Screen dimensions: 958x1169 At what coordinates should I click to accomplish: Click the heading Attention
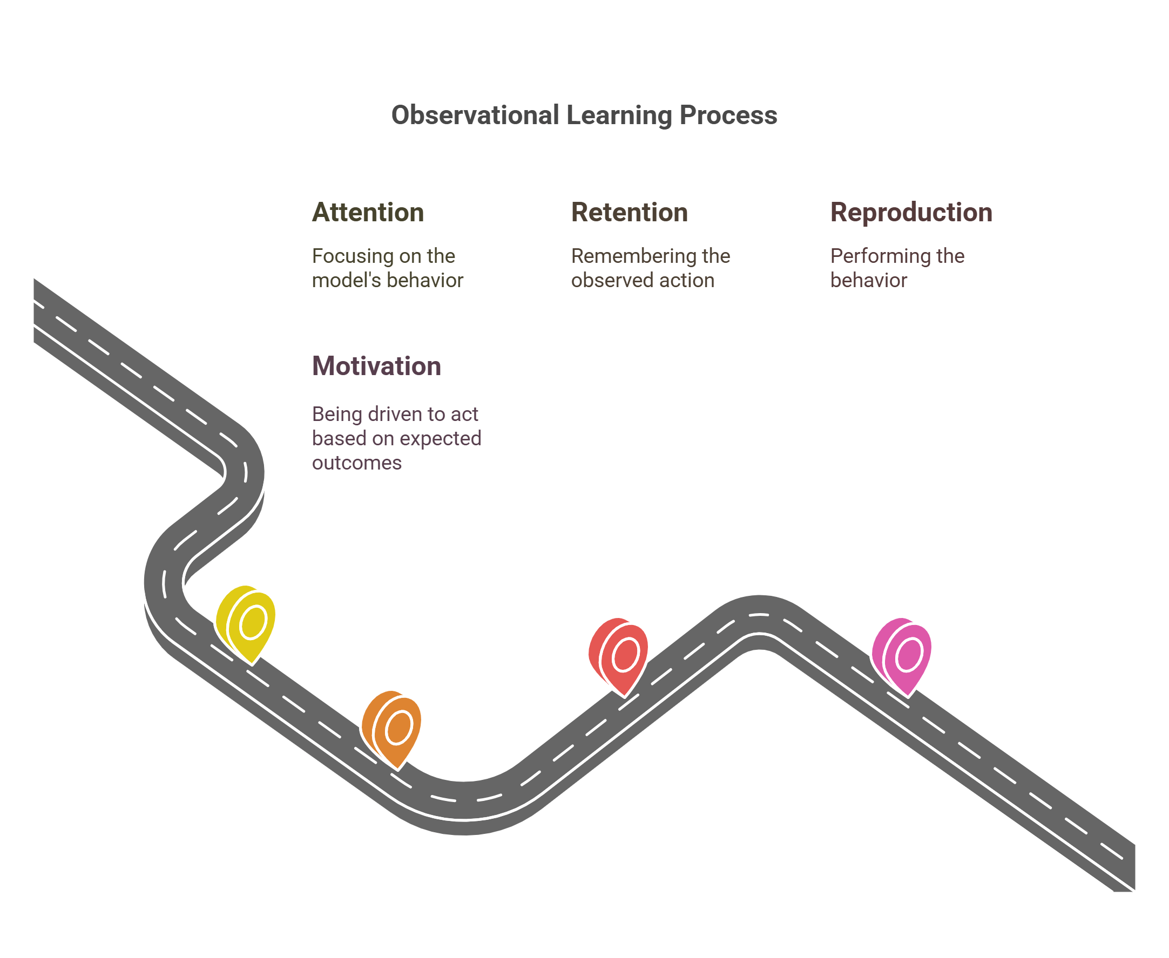coord(368,213)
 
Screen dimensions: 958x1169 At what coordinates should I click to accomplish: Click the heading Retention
coord(629,213)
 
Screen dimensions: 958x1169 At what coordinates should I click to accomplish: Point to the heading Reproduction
coord(911,213)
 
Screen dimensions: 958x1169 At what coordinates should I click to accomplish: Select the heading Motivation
coord(376,366)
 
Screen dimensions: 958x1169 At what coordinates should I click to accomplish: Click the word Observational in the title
coord(475,115)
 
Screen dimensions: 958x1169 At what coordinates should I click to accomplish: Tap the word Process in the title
coord(728,115)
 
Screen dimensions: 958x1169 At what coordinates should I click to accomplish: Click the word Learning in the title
coord(619,115)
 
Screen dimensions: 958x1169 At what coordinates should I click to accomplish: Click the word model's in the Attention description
coord(346,280)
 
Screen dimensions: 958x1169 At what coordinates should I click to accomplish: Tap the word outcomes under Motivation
coord(356,463)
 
